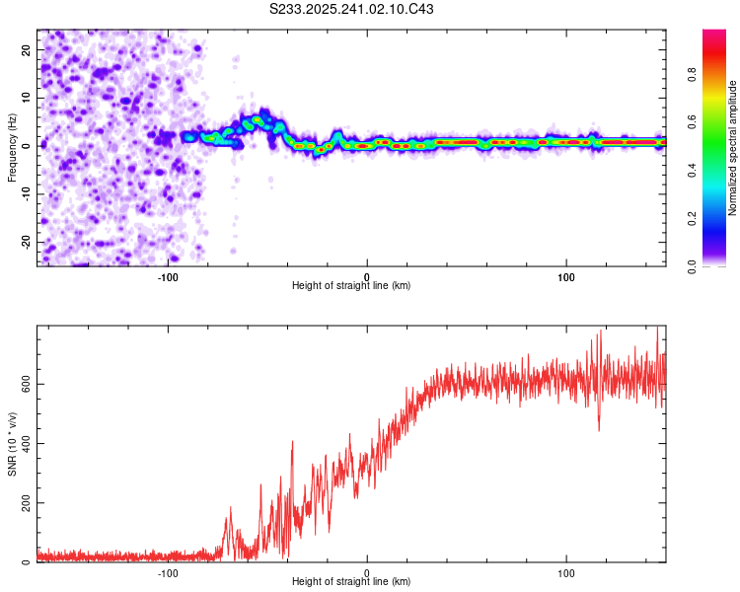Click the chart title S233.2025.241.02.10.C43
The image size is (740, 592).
(351, 9)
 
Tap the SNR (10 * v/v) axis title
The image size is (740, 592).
(12, 443)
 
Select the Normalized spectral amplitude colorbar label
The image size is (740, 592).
(733, 148)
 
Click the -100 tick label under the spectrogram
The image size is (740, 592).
(167, 275)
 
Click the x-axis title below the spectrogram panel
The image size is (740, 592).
(351, 286)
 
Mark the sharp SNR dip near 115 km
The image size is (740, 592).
(598, 428)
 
